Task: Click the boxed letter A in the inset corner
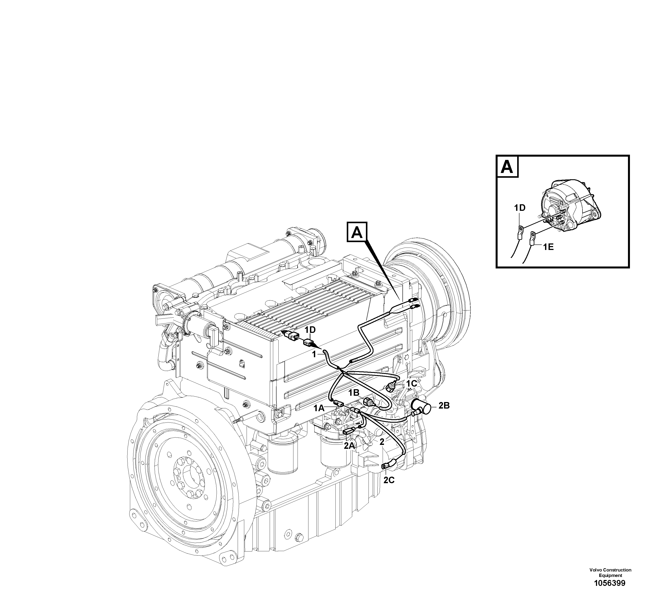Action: (507, 167)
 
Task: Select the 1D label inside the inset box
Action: (519, 208)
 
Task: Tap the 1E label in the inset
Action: (548, 247)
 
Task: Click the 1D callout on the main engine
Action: (310, 330)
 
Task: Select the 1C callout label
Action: (411, 384)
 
